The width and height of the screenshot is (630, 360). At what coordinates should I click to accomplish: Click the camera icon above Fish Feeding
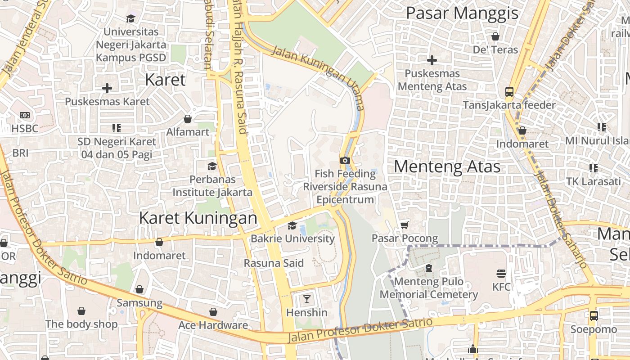(345, 160)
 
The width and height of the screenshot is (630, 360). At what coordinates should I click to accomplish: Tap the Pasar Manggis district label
(462, 13)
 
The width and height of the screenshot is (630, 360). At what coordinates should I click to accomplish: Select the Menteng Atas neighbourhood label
(447, 166)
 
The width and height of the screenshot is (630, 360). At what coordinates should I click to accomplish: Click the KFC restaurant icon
(501, 273)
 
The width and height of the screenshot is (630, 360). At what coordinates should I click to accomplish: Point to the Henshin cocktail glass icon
(307, 299)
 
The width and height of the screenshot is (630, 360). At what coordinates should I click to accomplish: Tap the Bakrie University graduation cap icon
(292, 225)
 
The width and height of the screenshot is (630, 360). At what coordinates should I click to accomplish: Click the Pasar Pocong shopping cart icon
(405, 225)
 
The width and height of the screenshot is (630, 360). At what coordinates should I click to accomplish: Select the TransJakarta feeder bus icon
(509, 92)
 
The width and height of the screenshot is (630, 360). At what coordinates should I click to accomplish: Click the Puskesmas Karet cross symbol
(107, 88)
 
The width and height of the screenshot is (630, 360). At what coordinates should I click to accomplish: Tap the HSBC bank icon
(25, 115)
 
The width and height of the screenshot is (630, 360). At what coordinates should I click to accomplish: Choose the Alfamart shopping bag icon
(188, 119)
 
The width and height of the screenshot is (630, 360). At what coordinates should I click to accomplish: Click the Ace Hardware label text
(213, 325)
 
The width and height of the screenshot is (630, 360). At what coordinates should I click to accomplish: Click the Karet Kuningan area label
(198, 218)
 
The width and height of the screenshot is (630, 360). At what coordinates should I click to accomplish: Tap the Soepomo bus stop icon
(594, 315)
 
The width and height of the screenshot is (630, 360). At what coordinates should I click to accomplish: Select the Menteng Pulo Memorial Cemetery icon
(428, 268)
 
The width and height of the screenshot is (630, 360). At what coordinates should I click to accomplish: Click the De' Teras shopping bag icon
(495, 36)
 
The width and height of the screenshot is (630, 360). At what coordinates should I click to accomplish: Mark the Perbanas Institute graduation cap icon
(212, 166)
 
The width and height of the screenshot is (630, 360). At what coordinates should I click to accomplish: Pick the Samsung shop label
(139, 303)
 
